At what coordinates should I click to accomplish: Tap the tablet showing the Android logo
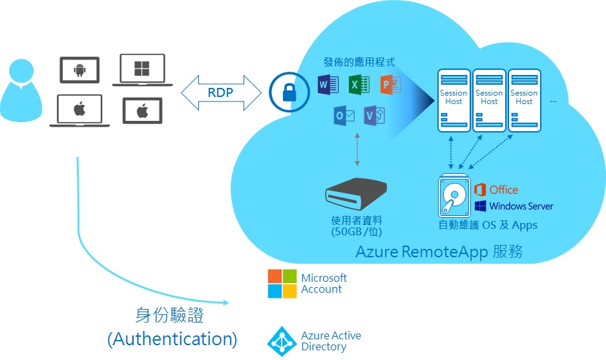click(x=79, y=69)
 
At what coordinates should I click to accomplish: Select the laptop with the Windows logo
click(x=142, y=69)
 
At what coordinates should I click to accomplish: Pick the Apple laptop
click(x=79, y=110)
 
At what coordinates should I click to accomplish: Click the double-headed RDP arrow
click(x=221, y=92)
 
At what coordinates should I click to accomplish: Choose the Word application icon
click(x=328, y=84)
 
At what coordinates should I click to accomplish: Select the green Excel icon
click(x=358, y=84)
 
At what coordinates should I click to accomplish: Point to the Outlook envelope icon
click(x=344, y=116)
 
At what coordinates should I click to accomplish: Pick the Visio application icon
click(x=374, y=116)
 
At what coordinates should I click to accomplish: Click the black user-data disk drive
click(x=356, y=191)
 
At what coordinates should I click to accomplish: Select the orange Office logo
click(x=496, y=189)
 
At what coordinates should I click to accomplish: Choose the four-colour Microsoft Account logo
click(x=282, y=284)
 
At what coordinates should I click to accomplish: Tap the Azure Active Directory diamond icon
click(x=282, y=341)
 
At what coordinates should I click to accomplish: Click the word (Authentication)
click(x=172, y=339)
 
